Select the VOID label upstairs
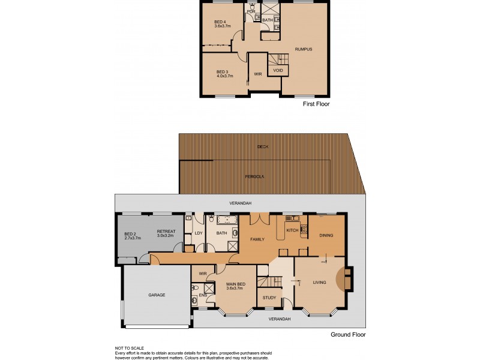coord(278,70)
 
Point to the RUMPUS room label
coord(303,49)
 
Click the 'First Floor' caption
coord(316,104)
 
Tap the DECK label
coord(262,146)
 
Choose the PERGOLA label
coord(256,176)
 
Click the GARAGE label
coord(157,295)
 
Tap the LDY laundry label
coord(197,233)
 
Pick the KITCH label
coord(292,230)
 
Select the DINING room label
coord(326,235)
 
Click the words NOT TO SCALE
coord(130,348)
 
